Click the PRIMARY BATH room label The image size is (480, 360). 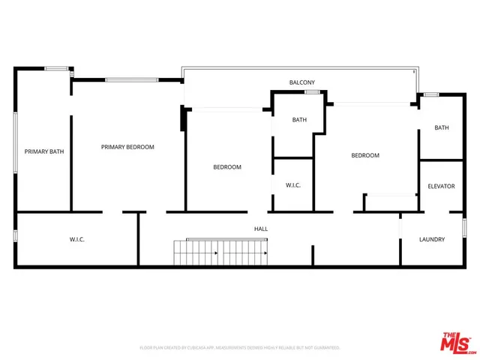44,151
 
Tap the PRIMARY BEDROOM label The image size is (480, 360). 127,147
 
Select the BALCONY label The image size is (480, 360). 301,82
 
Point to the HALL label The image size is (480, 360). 261,229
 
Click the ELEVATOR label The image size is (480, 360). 441,186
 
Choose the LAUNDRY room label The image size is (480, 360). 432,240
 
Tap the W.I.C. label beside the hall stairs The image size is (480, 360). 76,239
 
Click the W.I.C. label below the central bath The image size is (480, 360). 292,184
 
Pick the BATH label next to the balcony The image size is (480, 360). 299,120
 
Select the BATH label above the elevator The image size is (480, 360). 442,127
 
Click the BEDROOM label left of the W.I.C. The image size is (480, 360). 227,167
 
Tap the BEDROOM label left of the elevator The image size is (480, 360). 365,155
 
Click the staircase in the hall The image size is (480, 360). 220,253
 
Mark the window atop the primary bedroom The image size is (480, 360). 131,79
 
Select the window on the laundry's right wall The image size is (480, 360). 464,228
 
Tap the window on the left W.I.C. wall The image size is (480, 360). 16,236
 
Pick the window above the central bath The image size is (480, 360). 312,92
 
